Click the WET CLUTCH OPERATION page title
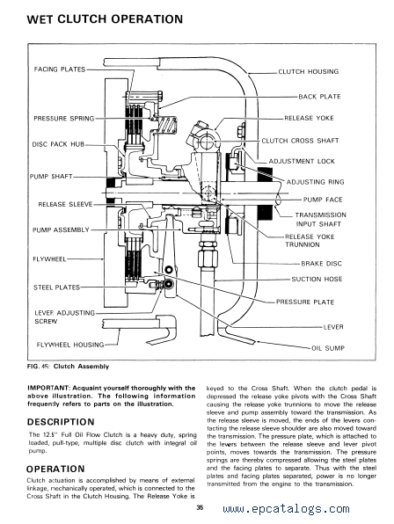[x=105, y=19]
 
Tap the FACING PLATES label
[x=60, y=69]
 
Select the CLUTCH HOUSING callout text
[x=309, y=71]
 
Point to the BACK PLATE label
[x=319, y=97]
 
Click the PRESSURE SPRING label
[x=64, y=119]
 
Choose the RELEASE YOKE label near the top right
[x=309, y=118]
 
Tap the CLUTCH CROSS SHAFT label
[x=300, y=141]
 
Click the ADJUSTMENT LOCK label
[x=302, y=162]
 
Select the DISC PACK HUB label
[x=58, y=144]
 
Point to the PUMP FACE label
[x=323, y=200]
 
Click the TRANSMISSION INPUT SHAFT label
[x=320, y=219]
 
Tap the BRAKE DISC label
[x=322, y=264]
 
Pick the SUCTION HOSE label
[x=317, y=279]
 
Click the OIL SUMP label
[x=328, y=348]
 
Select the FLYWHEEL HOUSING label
[x=70, y=345]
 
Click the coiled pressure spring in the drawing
[x=167, y=126]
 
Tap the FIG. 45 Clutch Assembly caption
[x=69, y=367]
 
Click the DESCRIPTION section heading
[x=61, y=422]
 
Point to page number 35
[x=200, y=507]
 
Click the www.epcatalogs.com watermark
[x=286, y=509]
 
